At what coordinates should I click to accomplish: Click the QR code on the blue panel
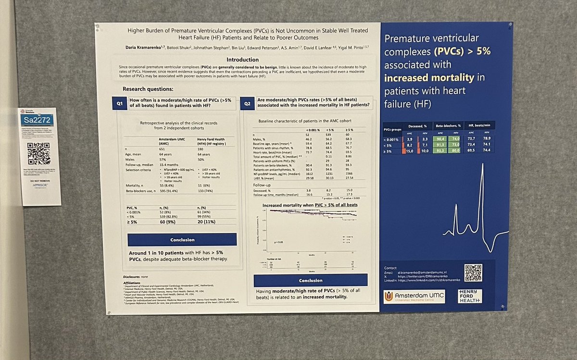pos(472,273)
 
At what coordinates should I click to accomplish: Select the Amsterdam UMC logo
pos(414,297)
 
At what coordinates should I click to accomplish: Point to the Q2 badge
pos(247,103)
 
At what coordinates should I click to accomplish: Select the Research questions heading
pos(148,89)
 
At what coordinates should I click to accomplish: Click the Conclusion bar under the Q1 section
pos(182,239)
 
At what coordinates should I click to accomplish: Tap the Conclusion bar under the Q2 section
pos(310,280)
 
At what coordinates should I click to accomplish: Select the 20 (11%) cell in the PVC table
pos(207,223)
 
